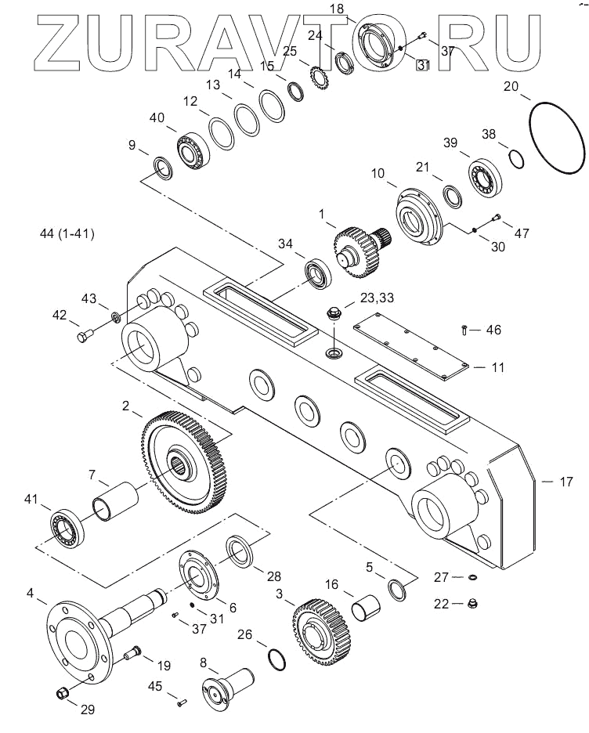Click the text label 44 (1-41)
tap(67, 233)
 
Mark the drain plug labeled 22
tap(473, 604)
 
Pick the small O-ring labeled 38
tap(515, 159)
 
